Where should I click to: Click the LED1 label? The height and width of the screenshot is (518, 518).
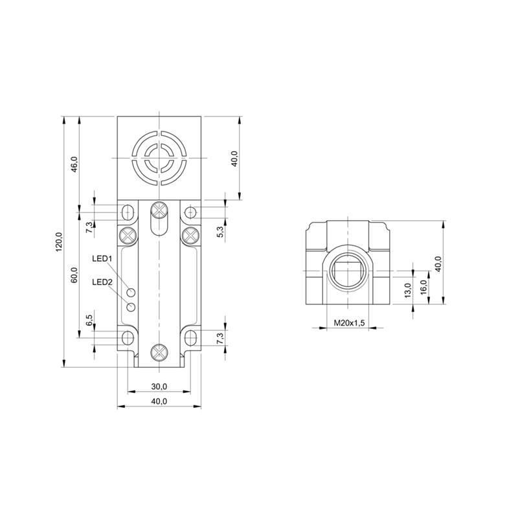(x=102, y=258)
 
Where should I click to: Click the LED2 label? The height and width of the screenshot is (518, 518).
(x=102, y=282)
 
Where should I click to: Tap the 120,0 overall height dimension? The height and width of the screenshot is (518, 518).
(x=59, y=242)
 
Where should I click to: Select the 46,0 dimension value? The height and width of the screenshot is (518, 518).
(x=74, y=164)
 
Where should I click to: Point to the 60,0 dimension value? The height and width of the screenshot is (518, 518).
(x=74, y=275)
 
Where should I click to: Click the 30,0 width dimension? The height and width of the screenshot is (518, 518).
(x=159, y=386)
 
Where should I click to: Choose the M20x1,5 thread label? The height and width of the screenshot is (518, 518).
(x=349, y=322)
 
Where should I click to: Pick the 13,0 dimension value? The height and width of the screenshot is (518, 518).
(x=408, y=290)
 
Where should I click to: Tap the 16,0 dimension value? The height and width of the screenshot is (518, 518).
(x=424, y=286)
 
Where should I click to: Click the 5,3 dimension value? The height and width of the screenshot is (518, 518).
(x=221, y=232)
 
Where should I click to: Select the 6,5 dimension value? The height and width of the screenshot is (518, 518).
(x=89, y=321)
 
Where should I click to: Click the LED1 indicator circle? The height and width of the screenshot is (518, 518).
(x=131, y=293)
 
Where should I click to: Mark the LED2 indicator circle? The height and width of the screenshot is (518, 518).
(x=131, y=307)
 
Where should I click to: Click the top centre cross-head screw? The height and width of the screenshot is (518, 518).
(x=159, y=210)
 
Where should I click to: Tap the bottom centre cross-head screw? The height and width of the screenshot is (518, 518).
(x=159, y=352)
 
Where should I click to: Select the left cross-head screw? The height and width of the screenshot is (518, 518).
(x=128, y=235)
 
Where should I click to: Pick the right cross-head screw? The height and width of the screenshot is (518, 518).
(x=190, y=235)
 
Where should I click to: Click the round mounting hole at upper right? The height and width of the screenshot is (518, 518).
(x=190, y=212)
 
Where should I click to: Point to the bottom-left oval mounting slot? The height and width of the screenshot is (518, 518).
(x=128, y=338)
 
